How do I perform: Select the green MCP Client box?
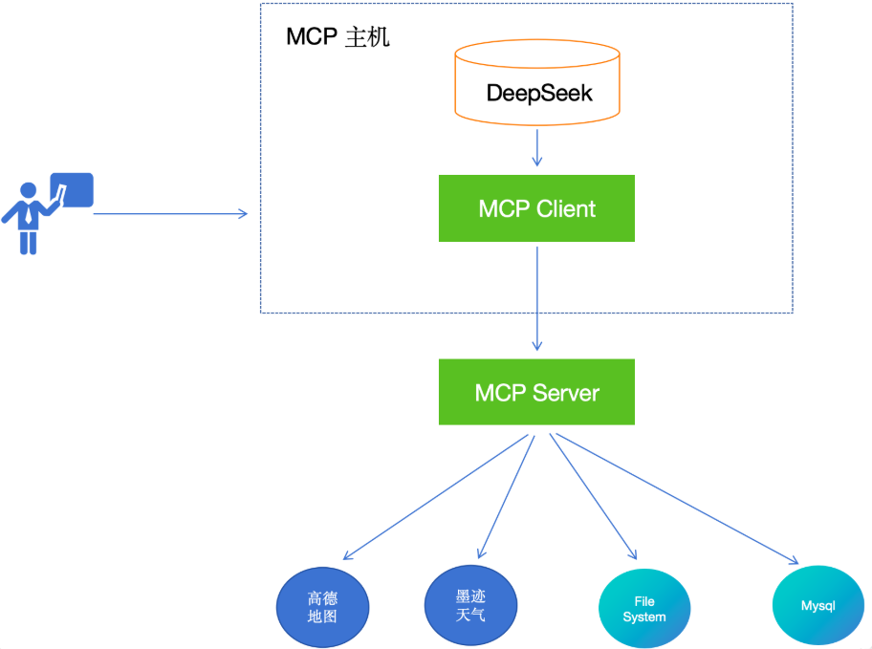[x=536, y=208]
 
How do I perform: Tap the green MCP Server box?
[x=536, y=392]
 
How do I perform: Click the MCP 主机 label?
[x=338, y=38]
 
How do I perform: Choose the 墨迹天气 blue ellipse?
[x=470, y=605]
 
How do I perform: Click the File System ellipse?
[x=644, y=609]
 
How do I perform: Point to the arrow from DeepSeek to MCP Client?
[x=537, y=147]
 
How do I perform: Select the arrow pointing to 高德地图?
[x=435, y=497]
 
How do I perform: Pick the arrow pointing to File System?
[x=593, y=497]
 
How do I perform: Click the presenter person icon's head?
[x=29, y=190]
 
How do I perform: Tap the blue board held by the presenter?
[x=74, y=189]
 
